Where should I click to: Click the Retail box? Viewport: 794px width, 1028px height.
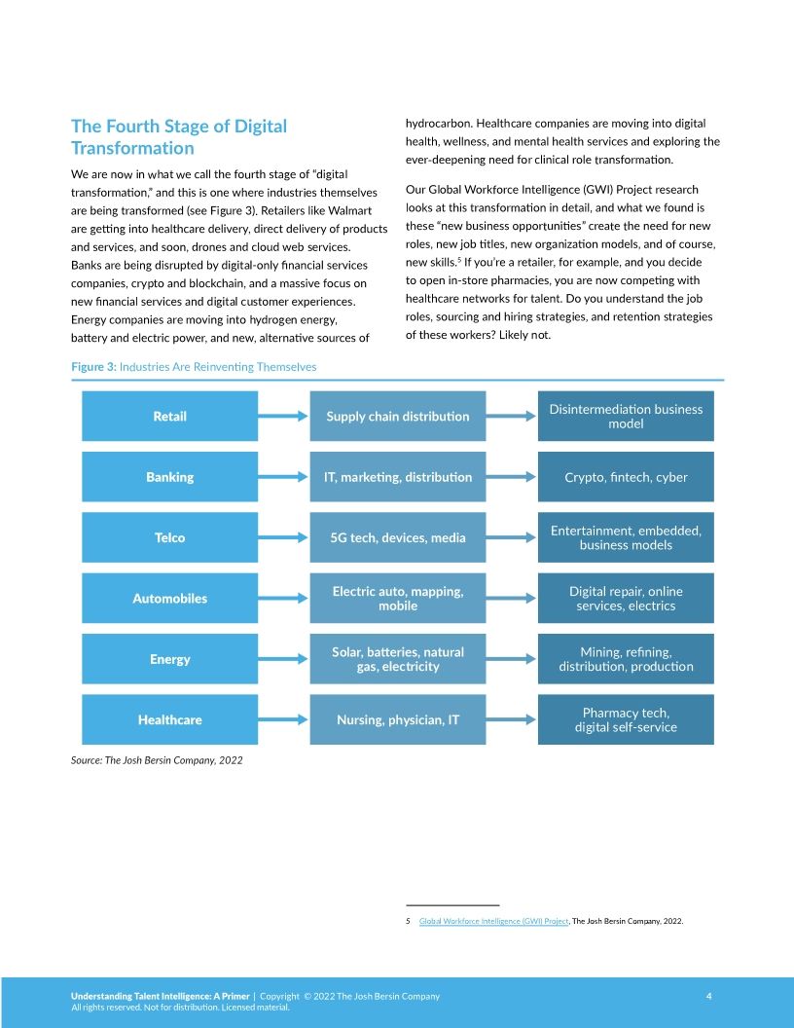coord(169,416)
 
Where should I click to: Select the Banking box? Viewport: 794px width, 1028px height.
coord(169,477)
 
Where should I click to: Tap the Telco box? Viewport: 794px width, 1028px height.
coord(169,537)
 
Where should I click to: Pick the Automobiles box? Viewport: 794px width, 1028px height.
coord(169,598)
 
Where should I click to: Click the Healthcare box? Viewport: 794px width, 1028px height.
coord(169,719)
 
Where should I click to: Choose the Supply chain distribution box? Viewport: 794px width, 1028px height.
coord(397,416)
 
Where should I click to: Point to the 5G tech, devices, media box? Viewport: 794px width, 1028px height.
coord(397,537)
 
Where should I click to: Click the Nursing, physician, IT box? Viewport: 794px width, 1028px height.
coord(397,719)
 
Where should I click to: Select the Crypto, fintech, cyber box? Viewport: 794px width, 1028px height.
coord(626,477)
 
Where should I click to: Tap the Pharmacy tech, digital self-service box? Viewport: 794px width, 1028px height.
coord(626,719)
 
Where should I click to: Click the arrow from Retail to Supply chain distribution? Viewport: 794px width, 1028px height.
coord(283,416)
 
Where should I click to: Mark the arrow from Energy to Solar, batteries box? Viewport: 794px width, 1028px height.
coord(283,659)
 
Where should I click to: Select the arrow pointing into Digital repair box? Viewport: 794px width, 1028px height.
coord(512,598)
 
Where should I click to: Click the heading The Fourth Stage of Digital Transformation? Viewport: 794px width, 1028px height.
coord(179,137)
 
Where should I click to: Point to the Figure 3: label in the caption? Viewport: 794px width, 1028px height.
coord(93,367)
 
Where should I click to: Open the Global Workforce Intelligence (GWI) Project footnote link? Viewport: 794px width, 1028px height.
coord(493,921)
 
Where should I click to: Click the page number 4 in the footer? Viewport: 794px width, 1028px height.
coord(709,996)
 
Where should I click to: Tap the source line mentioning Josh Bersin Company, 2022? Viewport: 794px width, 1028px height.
coord(157,760)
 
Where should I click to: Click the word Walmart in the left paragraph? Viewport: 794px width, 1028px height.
coord(351,210)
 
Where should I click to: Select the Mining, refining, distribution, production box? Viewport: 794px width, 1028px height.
coord(626,659)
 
